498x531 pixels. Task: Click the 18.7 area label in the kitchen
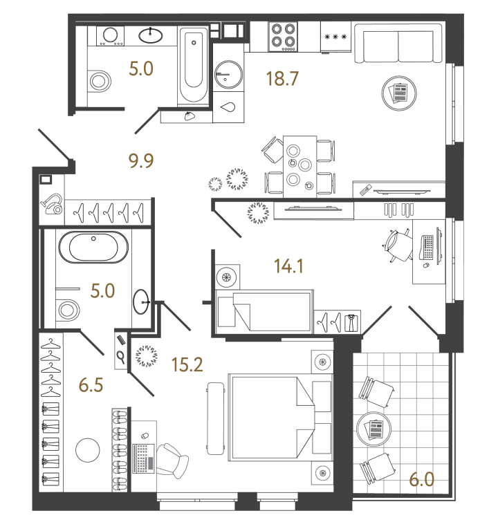[282, 79]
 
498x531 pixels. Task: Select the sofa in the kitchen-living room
[398, 45]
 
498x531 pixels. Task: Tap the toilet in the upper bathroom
[101, 81]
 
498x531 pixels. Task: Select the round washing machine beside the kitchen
[227, 71]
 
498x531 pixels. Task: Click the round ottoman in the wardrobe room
[89, 451]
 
